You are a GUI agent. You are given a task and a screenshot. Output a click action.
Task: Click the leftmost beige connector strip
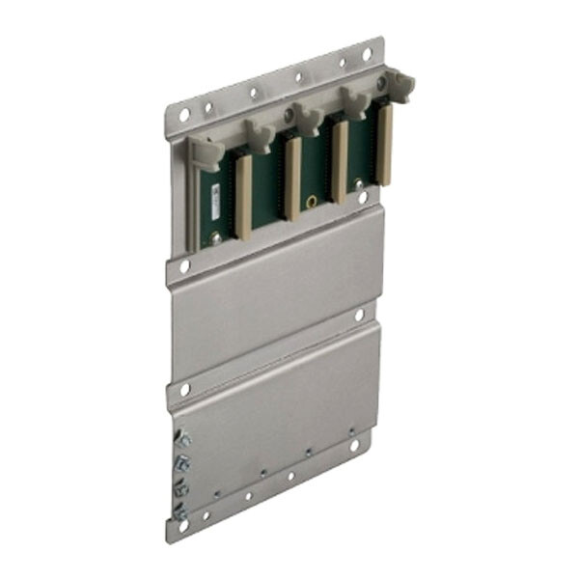(243, 198)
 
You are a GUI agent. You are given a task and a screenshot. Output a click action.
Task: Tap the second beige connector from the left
(291, 179)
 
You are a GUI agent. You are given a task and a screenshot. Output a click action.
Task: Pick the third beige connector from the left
(339, 162)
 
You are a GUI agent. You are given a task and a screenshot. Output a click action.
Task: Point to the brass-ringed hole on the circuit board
(312, 202)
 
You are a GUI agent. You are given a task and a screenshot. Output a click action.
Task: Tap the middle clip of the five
(308, 119)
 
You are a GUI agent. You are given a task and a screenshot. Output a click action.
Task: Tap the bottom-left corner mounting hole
(180, 527)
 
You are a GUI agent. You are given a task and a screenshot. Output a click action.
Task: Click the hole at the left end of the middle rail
(183, 389)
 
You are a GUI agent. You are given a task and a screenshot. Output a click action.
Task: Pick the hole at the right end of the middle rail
(358, 315)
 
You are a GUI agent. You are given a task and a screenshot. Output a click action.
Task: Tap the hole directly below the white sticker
(184, 263)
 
